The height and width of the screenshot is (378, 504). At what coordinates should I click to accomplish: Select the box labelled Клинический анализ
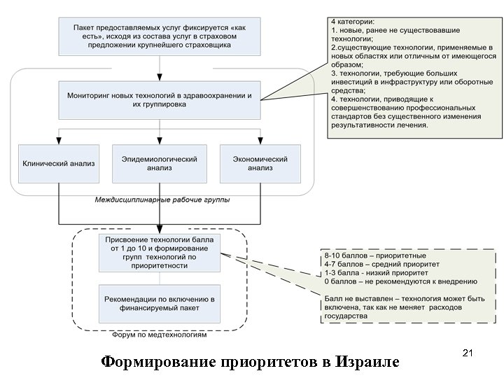(x=58, y=164)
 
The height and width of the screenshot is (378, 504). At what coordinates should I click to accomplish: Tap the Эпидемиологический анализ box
(x=159, y=164)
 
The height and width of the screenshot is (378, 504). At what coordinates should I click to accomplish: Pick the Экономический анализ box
(x=260, y=164)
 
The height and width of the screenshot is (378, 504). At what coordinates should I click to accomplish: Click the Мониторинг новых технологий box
(x=159, y=99)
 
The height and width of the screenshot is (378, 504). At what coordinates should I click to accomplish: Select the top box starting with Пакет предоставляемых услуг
(x=159, y=35)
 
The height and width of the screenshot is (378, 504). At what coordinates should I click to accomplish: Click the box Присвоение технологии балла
(x=159, y=253)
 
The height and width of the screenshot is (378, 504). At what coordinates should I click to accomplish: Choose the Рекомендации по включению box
(x=159, y=303)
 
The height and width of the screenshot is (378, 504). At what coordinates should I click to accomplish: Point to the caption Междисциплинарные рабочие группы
(x=162, y=200)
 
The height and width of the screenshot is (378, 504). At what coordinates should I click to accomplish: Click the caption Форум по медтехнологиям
(x=160, y=335)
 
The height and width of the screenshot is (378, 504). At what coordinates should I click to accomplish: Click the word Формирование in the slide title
(x=159, y=363)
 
